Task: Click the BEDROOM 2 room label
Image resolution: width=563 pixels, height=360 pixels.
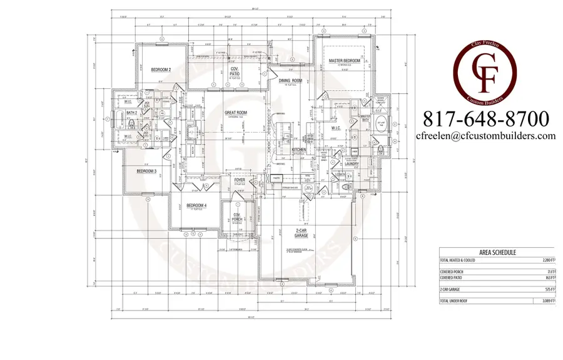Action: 161,70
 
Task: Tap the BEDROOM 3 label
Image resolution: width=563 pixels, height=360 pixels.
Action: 146,170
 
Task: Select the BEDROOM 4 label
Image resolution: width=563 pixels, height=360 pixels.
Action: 196,205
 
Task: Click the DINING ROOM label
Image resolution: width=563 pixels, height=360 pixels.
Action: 290,81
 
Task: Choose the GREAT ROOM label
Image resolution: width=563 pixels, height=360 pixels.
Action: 236,113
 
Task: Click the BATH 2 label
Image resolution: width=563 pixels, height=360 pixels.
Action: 131,113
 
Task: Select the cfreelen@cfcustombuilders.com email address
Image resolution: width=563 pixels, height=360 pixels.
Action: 486,135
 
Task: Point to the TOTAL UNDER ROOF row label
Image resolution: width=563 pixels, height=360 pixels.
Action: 456,302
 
